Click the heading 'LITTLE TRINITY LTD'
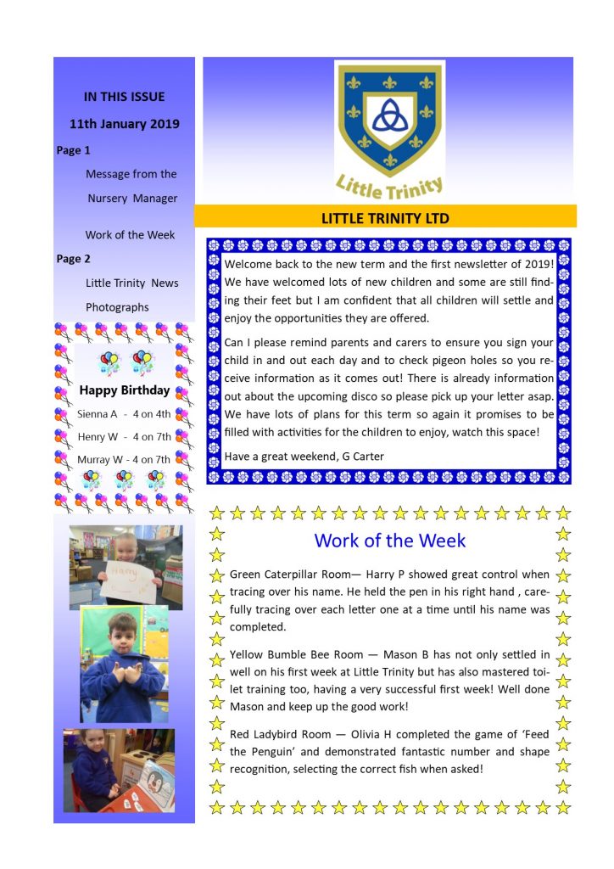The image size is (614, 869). coord(385,218)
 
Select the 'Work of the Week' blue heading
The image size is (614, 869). coord(389,540)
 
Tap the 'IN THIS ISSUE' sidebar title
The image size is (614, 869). coord(124,97)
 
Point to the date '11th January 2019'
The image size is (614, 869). coord(124,124)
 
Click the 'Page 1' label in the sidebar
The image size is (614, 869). coord(74,150)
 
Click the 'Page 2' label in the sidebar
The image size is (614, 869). coord(74,259)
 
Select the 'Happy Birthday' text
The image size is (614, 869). coord(124,391)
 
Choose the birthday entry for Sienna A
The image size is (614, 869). coord(124,414)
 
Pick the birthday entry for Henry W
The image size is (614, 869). coord(124,437)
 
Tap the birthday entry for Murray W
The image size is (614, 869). coord(124,459)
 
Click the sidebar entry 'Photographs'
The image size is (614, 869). coord(117,307)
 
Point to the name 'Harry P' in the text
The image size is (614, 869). coord(386,575)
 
